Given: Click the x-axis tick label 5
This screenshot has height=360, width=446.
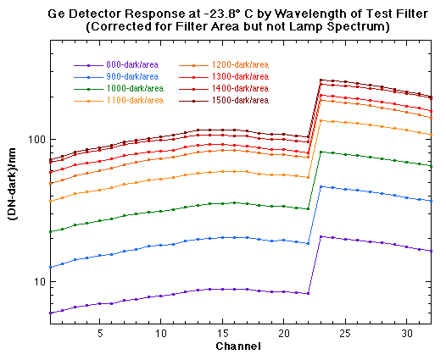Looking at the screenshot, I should tap(100, 334).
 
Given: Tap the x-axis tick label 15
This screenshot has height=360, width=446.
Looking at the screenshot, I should tap(223, 334).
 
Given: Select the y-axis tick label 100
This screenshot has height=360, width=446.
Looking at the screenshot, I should tap(33, 140).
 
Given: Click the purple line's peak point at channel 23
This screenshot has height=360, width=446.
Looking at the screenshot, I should tap(321, 237).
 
